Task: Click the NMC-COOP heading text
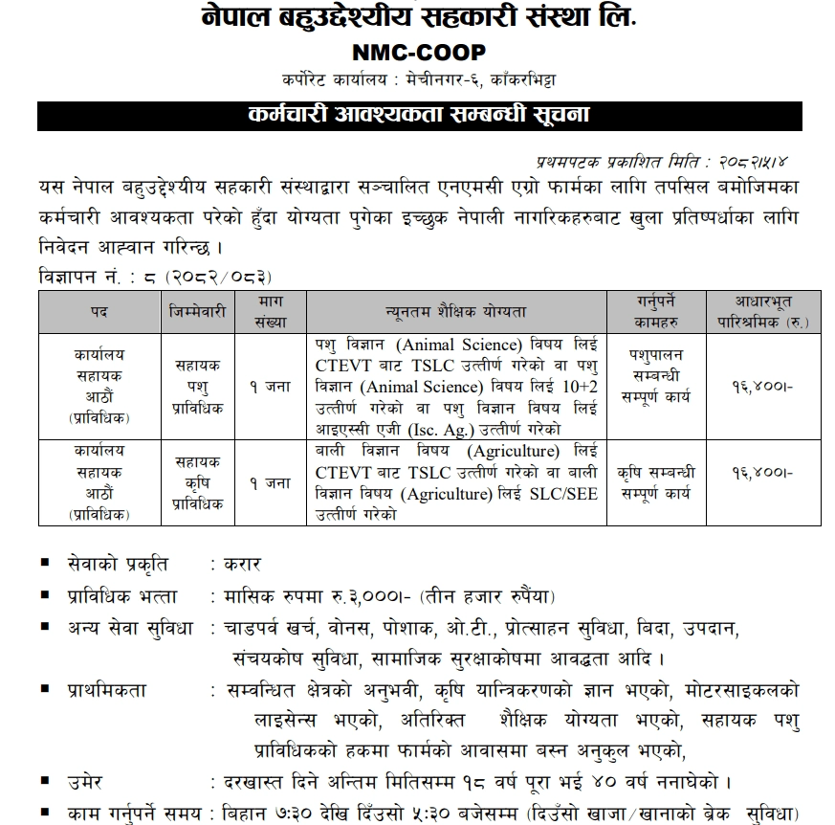pyautogui.click(x=418, y=53)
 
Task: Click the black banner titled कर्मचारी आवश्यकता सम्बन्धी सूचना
pyautogui.click(x=419, y=115)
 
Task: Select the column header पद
pyautogui.click(x=99, y=312)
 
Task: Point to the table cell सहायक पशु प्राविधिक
pyautogui.click(x=199, y=386)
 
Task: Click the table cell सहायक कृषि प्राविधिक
pyautogui.click(x=199, y=482)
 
